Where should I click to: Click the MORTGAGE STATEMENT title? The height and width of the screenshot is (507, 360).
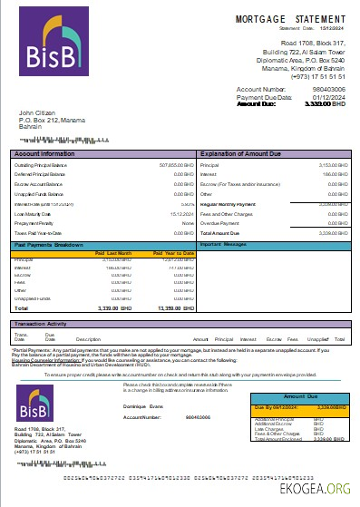[x=291, y=18]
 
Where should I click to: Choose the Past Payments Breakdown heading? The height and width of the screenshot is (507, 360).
[x=50, y=244]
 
